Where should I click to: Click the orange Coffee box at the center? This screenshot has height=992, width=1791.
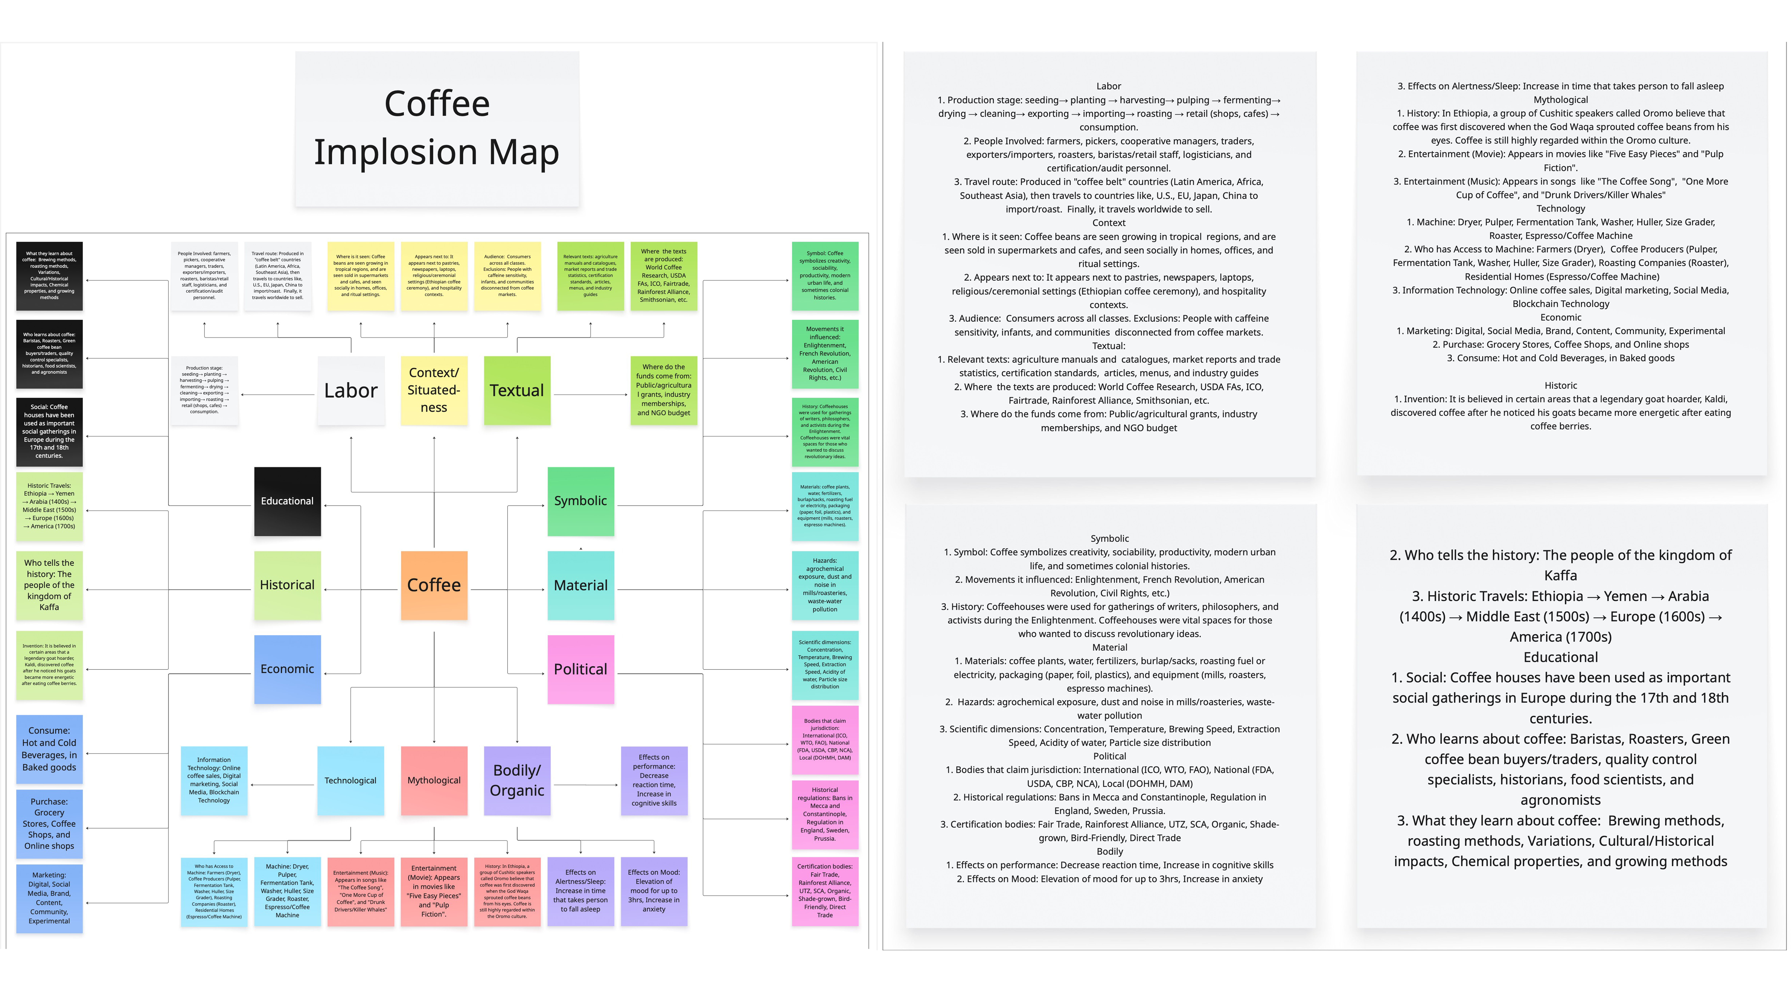click(x=434, y=585)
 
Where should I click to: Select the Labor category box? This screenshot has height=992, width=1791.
click(x=351, y=391)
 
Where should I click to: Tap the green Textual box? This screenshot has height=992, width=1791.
click(x=517, y=391)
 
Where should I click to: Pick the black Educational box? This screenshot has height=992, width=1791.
click(x=287, y=501)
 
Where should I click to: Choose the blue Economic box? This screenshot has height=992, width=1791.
click(x=287, y=669)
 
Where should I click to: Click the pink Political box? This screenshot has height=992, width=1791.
click(x=581, y=669)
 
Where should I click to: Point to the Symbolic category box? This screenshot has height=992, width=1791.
click(x=581, y=501)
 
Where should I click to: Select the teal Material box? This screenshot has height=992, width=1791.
click(x=581, y=585)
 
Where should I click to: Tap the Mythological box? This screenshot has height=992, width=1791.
click(x=434, y=781)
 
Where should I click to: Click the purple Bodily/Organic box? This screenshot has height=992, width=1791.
click(x=517, y=781)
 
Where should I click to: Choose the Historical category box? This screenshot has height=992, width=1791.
click(x=287, y=585)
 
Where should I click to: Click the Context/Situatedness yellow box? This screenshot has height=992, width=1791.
click(x=434, y=391)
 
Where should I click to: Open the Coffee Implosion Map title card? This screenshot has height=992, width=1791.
click(x=437, y=129)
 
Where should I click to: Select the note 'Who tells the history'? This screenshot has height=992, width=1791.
click(x=49, y=585)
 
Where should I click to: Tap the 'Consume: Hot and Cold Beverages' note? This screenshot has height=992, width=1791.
click(x=49, y=749)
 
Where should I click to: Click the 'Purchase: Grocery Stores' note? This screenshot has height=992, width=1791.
click(x=49, y=824)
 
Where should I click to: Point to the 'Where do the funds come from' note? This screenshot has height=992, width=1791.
click(x=663, y=391)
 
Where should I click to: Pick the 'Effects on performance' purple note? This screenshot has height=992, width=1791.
click(x=653, y=781)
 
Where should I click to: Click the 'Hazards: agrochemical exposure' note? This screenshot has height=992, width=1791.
click(x=825, y=585)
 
